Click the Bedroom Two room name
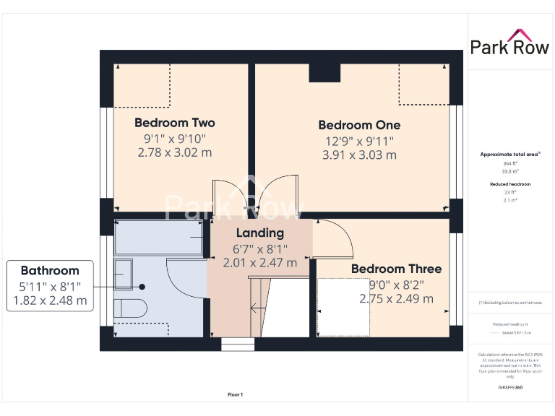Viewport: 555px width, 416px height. [174, 122]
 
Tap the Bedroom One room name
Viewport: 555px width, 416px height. [358, 125]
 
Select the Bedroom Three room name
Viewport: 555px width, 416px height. [396, 269]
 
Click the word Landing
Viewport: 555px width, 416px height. [260, 233]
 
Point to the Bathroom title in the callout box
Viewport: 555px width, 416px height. [50, 271]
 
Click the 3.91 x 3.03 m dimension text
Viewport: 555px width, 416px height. [358, 155]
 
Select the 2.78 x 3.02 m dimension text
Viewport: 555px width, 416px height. [174, 152]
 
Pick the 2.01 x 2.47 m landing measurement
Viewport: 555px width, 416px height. [260, 263]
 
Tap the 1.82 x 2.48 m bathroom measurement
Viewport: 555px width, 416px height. [50, 300]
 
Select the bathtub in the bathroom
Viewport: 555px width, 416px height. [159, 238]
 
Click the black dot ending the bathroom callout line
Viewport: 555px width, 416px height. [142, 287]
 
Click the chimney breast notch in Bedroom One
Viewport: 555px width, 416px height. [324, 73]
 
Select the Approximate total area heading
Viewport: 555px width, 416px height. [510, 155]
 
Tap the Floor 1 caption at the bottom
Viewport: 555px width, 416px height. [235, 394]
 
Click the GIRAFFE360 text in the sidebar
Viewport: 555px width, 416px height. [510, 388]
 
